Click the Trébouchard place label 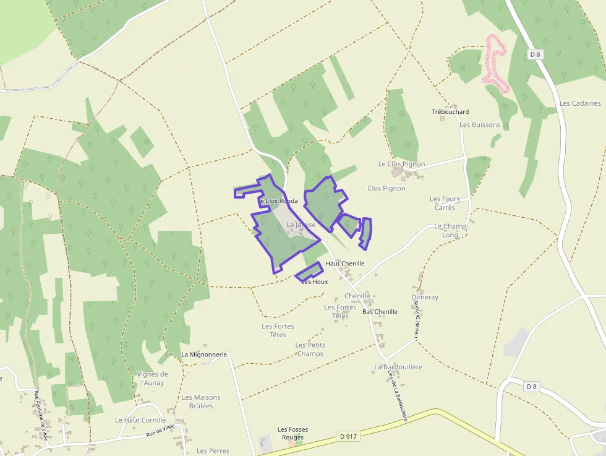coord(450,112)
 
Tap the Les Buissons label coord(480,125)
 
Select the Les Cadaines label coord(580,103)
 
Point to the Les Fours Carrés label coord(445,203)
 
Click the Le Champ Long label coord(450,231)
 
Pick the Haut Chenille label coord(345,264)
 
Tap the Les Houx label coord(314,282)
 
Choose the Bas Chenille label coord(380,312)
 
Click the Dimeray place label coord(425,298)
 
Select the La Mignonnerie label coord(204,355)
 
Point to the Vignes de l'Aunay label coord(151,378)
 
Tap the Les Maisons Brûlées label coord(201,402)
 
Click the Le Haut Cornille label coord(140,420)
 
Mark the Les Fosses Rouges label coord(292,434)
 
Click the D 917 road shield coord(349,437)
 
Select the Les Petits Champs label coord(310,350)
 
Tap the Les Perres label coord(213,451)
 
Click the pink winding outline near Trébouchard coord(495,59)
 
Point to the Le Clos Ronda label coord(278,201)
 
